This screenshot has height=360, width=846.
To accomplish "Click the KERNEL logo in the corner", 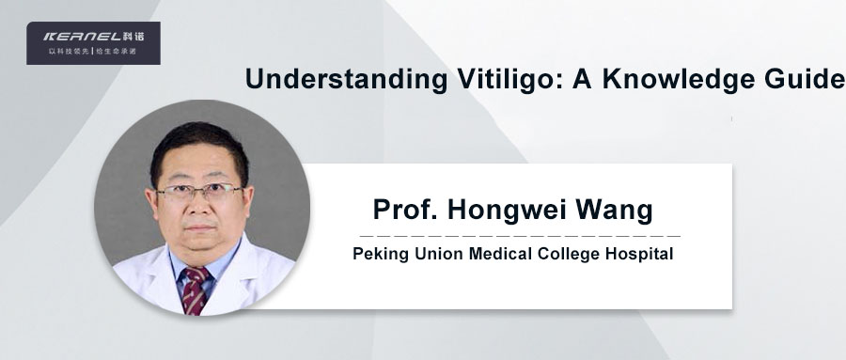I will click(92, 37).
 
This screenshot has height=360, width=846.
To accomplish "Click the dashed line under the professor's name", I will click(520, 234).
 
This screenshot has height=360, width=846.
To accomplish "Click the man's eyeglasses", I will click(199, 192).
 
